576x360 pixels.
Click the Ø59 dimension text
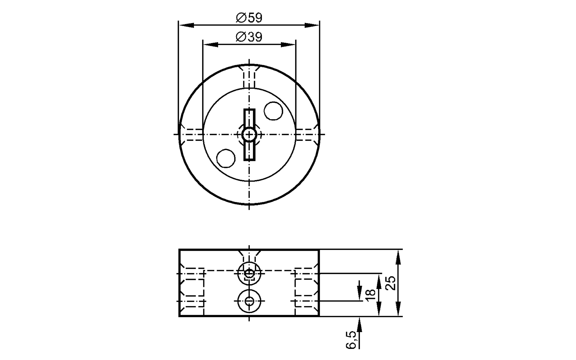pyautogui.click(x=249, y=18)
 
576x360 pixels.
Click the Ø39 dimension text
pyautogui.click(x=249, y=37)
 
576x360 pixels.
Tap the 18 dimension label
pyautogui.click(x=371, y=295)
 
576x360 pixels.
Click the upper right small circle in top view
pyautogui.click(x=273, y=111)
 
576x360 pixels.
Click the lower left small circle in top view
pyautogui.click(x=226, y=158)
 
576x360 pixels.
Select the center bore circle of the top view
pyautogui.click(x=249, y=134)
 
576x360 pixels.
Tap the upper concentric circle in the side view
pyautogui.click(x=249, y=273)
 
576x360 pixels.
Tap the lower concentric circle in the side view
pyautogui.click(x=249, y=301)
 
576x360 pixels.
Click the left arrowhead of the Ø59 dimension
pyautogui.click(x=186, y=25)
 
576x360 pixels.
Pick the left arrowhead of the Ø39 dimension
pyautogui.click(x=211, y=45)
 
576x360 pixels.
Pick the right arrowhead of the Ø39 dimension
pyautogui.click(x=288, y=45)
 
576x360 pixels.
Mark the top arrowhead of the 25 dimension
pyautogui.click(x=398, y=257)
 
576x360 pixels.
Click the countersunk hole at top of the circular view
pyautogui.click(x=249, y=75)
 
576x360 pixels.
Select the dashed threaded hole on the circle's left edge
pyautogui.click(x=191, y=134)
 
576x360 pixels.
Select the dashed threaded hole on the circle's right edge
pyautogui.click(x=308, y=134)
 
